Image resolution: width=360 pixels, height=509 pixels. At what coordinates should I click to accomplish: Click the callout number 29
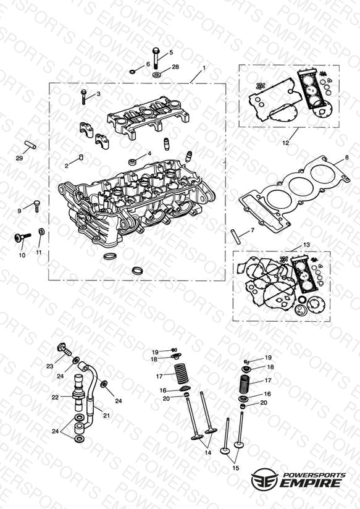20,158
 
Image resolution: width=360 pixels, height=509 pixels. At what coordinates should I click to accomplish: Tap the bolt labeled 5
156,58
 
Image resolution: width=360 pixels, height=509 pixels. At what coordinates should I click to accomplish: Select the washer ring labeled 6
133,71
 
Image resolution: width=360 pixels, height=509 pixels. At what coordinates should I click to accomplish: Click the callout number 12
285,143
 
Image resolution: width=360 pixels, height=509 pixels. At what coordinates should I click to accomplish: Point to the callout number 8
346,157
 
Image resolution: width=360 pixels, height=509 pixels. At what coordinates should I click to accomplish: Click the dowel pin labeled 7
236,237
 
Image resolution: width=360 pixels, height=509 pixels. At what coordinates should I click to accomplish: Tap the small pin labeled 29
31,145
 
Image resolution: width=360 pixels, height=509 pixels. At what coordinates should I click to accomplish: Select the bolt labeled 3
83,97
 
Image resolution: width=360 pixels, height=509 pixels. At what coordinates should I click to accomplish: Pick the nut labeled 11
41,232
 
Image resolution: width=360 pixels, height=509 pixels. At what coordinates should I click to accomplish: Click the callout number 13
306,245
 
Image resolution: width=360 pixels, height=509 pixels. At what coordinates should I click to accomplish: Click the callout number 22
55,397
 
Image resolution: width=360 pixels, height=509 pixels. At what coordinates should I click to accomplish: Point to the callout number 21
106,415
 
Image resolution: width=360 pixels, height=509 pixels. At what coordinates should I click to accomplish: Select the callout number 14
207,452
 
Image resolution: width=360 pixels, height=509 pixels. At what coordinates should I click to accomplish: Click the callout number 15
236,468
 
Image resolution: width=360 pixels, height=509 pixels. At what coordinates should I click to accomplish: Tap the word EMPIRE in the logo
310,482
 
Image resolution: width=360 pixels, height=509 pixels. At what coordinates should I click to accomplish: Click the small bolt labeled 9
36,206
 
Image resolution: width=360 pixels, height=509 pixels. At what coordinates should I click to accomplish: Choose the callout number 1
204,68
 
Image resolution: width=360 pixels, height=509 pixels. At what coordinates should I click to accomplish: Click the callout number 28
175,67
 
